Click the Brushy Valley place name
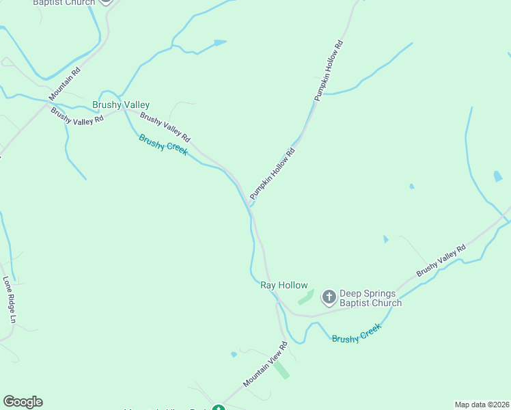(x=121, y=105)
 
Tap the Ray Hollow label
(x=284, y=286)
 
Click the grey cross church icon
(x=329, y=296)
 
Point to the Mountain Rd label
(x=64, y=84)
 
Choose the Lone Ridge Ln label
(x=9, y=300)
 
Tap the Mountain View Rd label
(x=264, y=365)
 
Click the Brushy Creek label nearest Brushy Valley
(x=163, y=144)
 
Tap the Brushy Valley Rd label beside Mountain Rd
(x=77, y=116)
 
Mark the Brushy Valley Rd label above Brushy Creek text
(x=165, y=127)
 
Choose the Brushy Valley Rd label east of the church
(x=441, y=260)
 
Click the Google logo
(x=23, y=402)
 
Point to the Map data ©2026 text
(x=482, y=404)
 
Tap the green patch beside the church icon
(x=306, y=297)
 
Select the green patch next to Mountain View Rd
(x=281, y=369)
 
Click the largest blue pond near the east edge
(x=497, y=176)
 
